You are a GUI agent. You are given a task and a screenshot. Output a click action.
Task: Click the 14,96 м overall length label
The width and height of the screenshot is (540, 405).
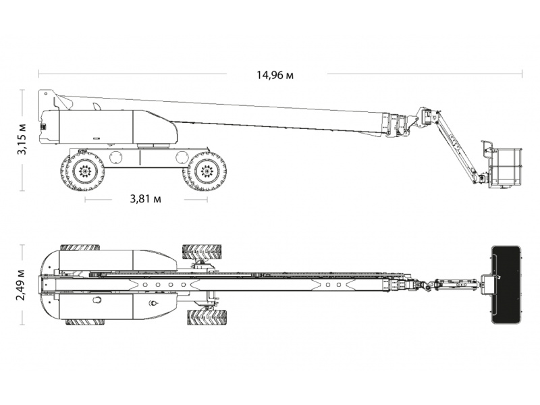click(275, 75)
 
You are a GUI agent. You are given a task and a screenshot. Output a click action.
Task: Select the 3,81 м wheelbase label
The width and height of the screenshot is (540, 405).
click(145, 198)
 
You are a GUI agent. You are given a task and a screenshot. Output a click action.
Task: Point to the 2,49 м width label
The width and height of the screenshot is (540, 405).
click(22, 284)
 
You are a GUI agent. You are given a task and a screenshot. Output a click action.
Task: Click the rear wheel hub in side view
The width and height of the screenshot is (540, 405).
click(84, 170)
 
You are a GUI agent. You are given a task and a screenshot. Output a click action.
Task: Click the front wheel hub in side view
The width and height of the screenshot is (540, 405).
click(207, 170)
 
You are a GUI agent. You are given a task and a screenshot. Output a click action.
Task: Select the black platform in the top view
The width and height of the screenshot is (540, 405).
click(506, 284)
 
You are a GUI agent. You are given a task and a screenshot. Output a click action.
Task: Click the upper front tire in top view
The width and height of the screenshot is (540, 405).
click(202, 252)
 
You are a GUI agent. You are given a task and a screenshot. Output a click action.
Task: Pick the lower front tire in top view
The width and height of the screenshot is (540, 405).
click(207, 317)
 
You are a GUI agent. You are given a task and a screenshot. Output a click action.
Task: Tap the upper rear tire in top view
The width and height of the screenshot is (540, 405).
click(80, 247)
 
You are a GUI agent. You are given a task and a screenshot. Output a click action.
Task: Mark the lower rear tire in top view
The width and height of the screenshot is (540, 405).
click(85, 322)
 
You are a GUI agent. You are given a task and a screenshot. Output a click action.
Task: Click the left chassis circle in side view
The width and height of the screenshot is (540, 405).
click(116, 158)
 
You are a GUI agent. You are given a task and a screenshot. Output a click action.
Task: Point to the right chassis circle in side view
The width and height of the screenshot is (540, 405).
click(182, 158)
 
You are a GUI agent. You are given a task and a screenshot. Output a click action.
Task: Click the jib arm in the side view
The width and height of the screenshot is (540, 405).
click(457, 144)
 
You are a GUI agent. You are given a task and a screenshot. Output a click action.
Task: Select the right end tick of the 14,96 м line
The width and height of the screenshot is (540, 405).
click(522, 74)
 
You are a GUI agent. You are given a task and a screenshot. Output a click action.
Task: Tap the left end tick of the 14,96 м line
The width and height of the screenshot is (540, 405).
click(39, 74)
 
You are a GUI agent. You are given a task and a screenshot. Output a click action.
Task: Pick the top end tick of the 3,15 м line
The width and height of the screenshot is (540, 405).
click(23, 90)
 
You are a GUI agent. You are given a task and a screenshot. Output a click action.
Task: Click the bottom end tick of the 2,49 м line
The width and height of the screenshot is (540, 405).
click(23, 325)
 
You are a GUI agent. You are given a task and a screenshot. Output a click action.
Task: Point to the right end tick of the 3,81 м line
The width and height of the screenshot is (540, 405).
click(207, 199)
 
